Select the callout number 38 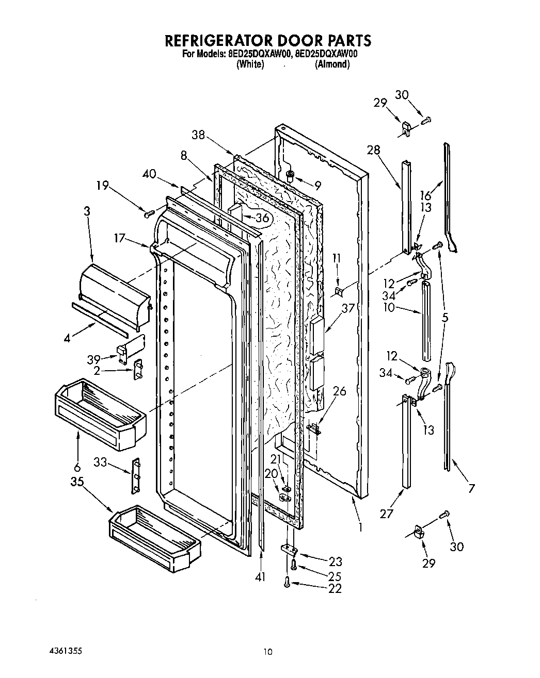point(198,136)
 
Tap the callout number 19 point(103,185)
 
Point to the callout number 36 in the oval point(262,218)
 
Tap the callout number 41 point(260,577)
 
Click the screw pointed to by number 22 point(286,582)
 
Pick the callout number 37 point(348,308)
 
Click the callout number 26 point(339,391)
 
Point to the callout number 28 point(373,150)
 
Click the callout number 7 point(471,488)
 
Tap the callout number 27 point(386,513)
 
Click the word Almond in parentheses point(332,64)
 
